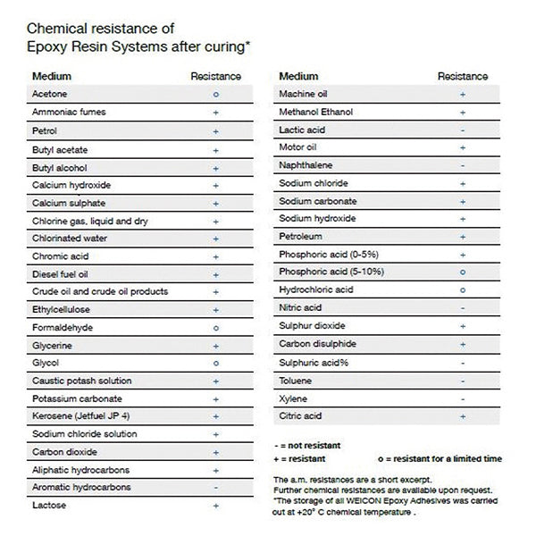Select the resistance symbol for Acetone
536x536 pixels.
216,94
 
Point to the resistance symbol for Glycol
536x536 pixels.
216,364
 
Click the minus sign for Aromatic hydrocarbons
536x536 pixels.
216,488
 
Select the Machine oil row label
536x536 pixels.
304,94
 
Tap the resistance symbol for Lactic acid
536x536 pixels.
462,130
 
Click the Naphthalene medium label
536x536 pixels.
305,165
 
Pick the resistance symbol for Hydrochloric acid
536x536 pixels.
462,290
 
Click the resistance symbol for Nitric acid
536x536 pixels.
462,308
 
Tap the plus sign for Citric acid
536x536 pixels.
462,416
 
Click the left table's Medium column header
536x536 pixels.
51,77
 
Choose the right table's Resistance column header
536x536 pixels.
462,77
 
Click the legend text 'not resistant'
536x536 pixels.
311,444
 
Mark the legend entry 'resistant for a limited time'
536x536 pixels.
446,458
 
